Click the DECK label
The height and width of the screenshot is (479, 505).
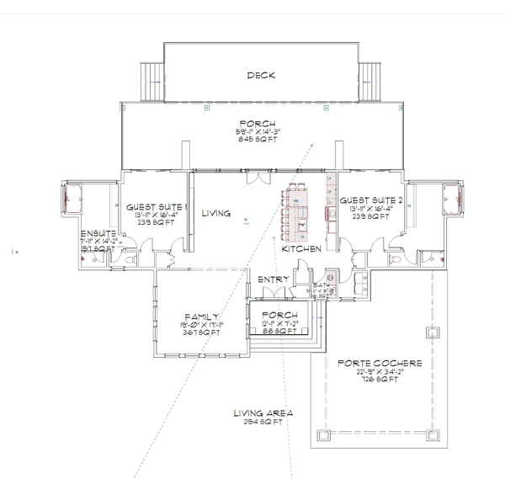pyautogui.click(x=262, y=76)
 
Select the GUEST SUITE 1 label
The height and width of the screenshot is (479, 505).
pyautogui.click(x=157, y=206)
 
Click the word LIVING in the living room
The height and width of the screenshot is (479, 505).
pyautogui.click(x=216, y=215)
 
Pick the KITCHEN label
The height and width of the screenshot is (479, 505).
pyautogui.click(x=300, y=250)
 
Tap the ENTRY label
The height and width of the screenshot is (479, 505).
pyautogui.click(x=275, y=279)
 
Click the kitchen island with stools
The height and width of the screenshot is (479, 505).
pyautogui.click(x=297, y=210)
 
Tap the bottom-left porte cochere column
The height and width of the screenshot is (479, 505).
pyautogui.click(x=324, y=435)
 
